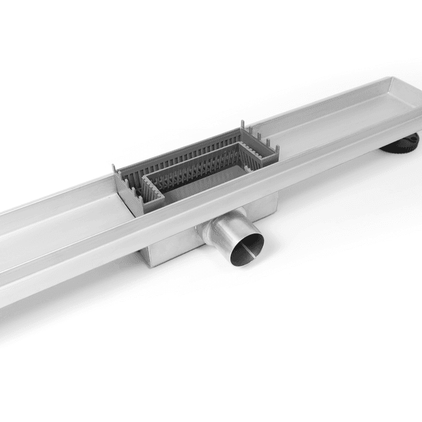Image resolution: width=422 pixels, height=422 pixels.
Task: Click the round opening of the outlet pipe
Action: click(x=246, y=245)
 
